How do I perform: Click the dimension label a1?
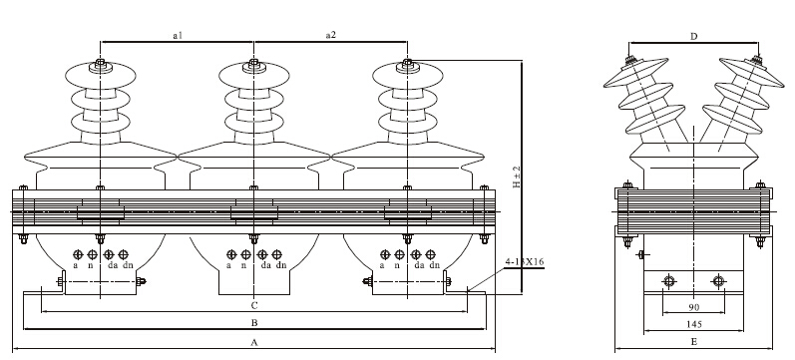[x=178, y=35]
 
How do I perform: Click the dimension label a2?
[x=330, y=35]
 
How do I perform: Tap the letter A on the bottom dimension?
[x=254, y=343]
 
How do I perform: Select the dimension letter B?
[x=254, y=322]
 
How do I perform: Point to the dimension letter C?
[x=254, y=305]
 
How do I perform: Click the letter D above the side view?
[x=694, y=36]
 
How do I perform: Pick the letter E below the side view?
[x=693, y=342]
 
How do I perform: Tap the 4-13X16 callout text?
[x=525, y=262]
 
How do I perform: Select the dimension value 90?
[x=693, y=307]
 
